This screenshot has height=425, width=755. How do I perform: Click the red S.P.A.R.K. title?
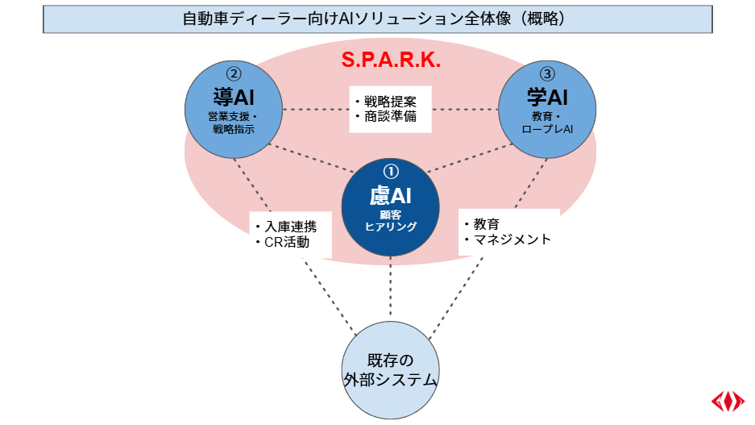click(390, 60)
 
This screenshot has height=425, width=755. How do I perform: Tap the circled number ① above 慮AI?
click(390, 171)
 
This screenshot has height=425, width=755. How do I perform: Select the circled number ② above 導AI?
click(234, 74)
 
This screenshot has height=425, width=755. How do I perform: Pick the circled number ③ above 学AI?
click(547, 74)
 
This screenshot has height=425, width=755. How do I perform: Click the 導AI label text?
click(234, 97)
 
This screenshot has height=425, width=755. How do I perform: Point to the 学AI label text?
click(547, 97)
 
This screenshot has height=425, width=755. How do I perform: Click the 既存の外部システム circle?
click(390, 369)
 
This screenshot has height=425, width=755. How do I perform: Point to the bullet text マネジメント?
click(512, 240)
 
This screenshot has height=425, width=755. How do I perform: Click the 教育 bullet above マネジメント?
click(487, 223)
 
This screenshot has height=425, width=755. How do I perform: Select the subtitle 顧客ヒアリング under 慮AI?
click(390, 221)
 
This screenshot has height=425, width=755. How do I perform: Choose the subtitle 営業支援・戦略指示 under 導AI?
click(234, 122)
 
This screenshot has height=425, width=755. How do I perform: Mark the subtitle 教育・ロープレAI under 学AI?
click(547, 122)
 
